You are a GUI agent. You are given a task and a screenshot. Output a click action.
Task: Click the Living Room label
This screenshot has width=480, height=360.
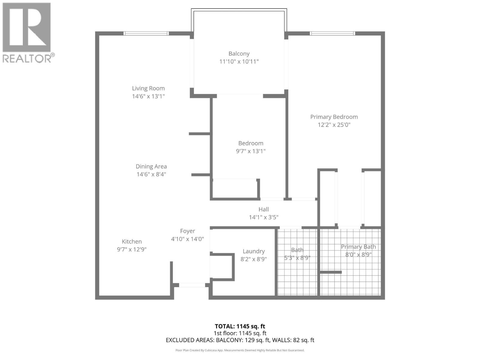tap(148, 88)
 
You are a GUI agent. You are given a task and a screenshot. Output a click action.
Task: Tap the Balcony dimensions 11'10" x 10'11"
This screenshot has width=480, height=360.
tap(239, 61)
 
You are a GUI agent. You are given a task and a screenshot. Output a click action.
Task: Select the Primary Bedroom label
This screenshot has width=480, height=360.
tap(334, 117)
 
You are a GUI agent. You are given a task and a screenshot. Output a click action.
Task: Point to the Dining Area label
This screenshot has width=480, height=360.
tap(151, 166)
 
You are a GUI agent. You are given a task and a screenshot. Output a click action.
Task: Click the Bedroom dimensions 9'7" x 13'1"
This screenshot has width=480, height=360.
tap(250, 151)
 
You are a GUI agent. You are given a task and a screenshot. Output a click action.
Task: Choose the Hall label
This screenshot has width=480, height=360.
tap(264, 209)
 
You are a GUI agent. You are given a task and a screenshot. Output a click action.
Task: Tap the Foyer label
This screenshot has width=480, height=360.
tap(187, 231)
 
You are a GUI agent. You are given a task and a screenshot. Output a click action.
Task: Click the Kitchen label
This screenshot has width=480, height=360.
tap(132, 241)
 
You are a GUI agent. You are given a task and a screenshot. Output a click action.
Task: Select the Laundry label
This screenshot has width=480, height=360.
tap(254, 251)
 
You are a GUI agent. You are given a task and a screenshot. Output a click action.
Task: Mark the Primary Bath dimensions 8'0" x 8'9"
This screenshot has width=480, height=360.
tap(358, 255)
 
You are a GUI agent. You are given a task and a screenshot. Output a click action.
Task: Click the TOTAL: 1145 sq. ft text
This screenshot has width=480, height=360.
tap(240, 326)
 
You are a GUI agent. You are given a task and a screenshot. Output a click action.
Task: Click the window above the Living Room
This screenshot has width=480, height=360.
tap(146, 33)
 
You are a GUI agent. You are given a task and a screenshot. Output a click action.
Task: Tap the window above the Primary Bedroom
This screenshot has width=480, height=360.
tap(332, 33)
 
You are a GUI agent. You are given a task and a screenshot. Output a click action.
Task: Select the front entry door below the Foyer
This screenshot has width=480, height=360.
tap(192, 285)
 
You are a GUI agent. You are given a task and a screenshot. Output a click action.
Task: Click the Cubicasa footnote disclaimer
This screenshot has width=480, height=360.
tap(240, 350)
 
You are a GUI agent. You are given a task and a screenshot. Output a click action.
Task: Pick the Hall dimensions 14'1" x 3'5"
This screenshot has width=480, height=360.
tap(264, 217)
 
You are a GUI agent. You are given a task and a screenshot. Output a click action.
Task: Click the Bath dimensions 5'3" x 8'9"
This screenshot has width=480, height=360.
tap(297, 258)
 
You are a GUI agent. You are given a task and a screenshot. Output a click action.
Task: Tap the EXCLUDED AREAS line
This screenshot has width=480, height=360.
tap(240, 340)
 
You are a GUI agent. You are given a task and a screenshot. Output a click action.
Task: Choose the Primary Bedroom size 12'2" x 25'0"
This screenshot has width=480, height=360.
tap(334, 125)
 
